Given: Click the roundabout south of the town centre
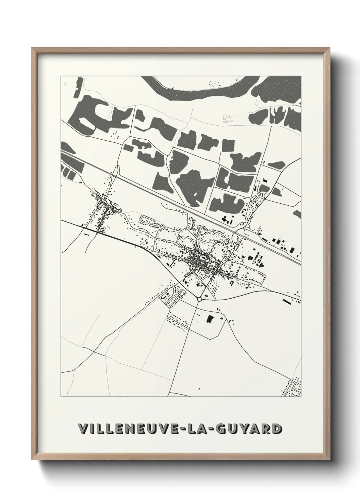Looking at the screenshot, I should pos(199,299).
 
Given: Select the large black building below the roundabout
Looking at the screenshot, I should pos(209,319).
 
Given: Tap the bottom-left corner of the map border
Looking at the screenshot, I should pos(61,397).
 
